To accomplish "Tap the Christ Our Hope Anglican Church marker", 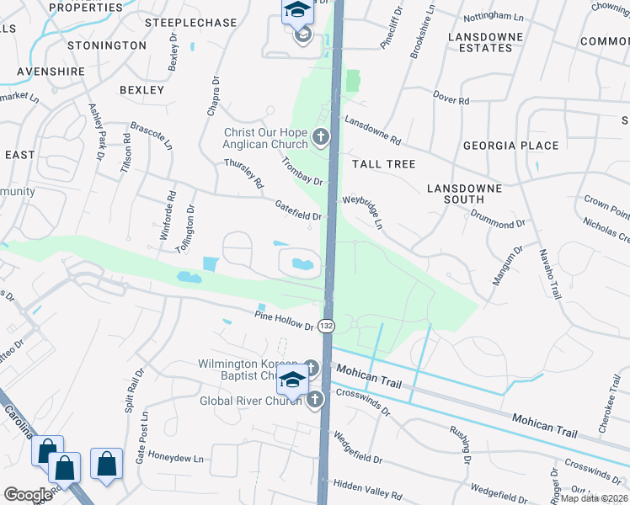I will (319, 136).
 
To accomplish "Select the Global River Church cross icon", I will (315, 400).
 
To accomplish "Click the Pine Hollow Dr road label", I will (285, 320).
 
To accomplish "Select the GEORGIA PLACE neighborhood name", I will (510, 146).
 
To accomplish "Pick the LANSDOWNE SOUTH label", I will (464, 194).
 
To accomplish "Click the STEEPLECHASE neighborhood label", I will (190, 23).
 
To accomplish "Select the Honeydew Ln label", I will (176, 460).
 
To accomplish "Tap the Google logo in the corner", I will (28, 494).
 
